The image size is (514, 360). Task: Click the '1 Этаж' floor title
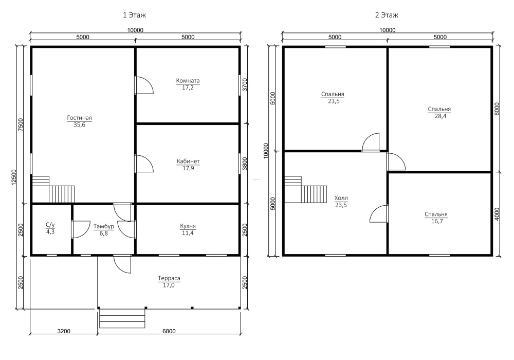[x=134, y=15]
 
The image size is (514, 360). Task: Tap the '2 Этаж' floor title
[x=387, y=15]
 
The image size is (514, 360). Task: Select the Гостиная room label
[x=79, y=118]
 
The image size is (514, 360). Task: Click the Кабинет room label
[x=188, y=161]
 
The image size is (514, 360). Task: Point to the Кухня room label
[x=188, y=226]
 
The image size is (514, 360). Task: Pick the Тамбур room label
[x=104, y=226]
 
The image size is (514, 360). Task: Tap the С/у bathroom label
[x=50, y=225]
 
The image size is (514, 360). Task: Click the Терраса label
[x=169, y=278]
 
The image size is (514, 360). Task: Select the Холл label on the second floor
[x=341, y=198]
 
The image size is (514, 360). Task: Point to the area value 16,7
[x=436, y=221]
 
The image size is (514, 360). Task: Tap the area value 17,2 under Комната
[x=188, y=87]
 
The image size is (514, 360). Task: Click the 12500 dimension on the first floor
[x=14, y=177]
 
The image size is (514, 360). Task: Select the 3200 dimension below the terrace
[x=64, y=331]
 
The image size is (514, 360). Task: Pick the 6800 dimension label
[x=169, y=331]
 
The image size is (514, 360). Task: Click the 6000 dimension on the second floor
[x=497, y=109]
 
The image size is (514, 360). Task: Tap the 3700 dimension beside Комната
[x=245, y=84]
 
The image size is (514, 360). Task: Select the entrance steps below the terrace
[x=122, y=318]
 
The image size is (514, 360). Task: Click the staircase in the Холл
[x=306, y=190]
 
